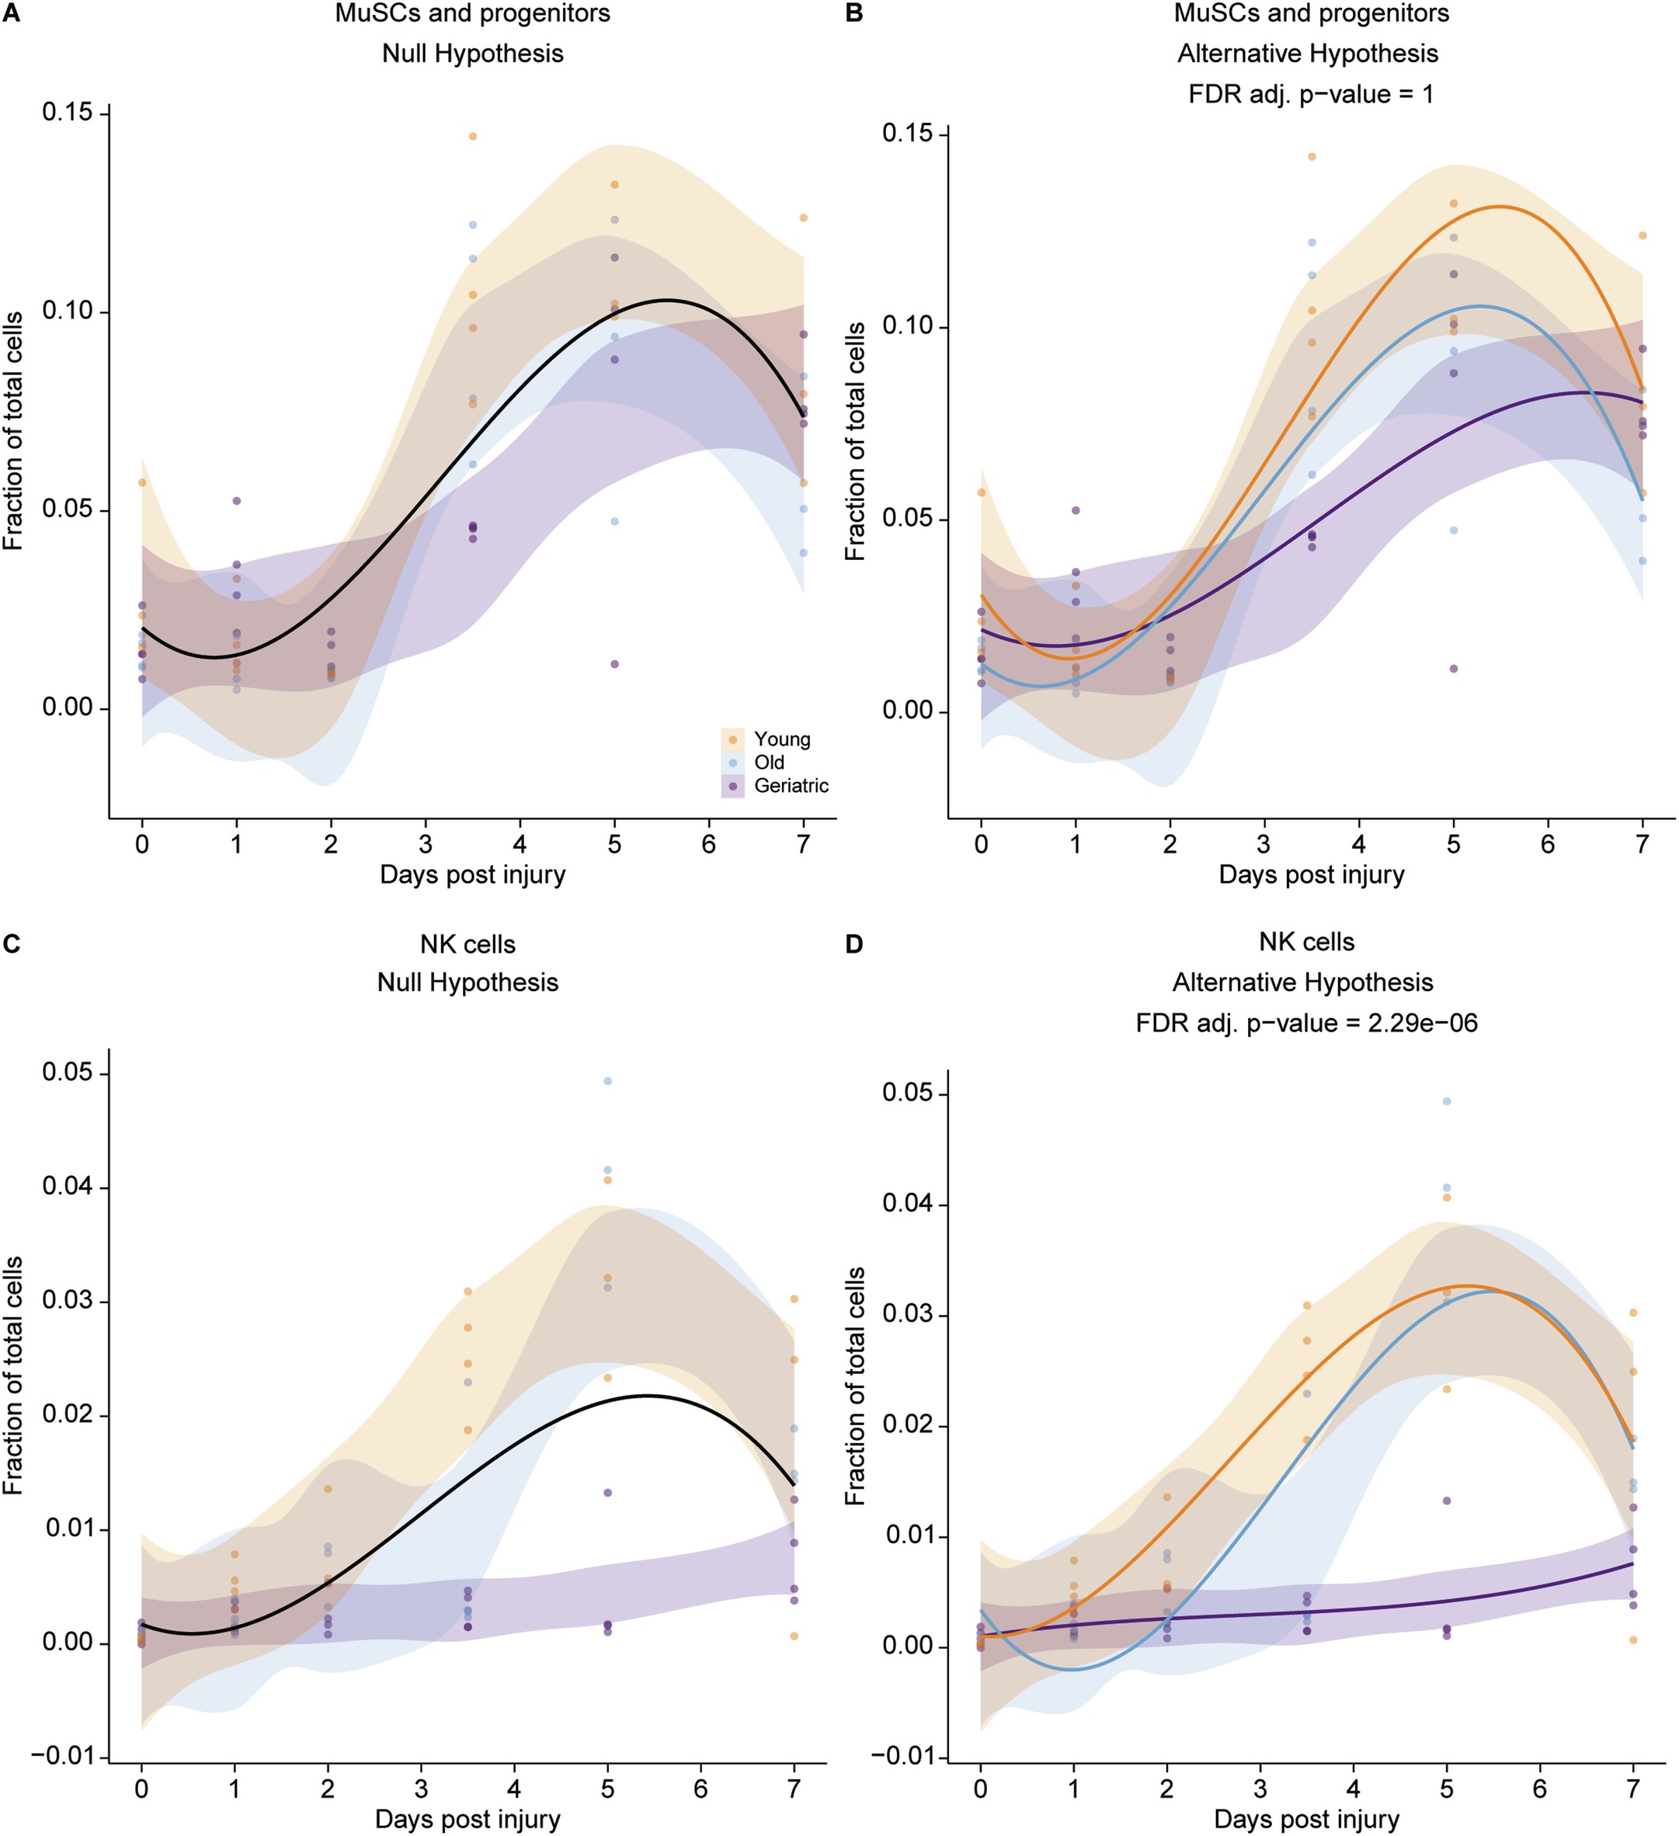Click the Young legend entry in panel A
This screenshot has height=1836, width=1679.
780,739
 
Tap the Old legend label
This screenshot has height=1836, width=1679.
769,762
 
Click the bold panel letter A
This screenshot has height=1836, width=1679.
10,12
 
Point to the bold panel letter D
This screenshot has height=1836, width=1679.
853,944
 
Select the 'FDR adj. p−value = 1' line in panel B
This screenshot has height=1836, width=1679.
1310,95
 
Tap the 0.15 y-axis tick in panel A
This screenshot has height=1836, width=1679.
68,112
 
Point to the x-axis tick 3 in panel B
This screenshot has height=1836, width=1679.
1264,844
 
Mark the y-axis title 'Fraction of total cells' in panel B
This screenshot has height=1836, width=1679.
855,442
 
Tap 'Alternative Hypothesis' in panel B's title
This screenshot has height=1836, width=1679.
1308,54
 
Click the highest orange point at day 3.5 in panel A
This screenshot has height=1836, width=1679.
473,137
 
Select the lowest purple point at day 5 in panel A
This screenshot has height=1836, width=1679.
614,664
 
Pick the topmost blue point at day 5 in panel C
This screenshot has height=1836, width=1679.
607,1081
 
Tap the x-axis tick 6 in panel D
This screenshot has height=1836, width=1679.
1540,1789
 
